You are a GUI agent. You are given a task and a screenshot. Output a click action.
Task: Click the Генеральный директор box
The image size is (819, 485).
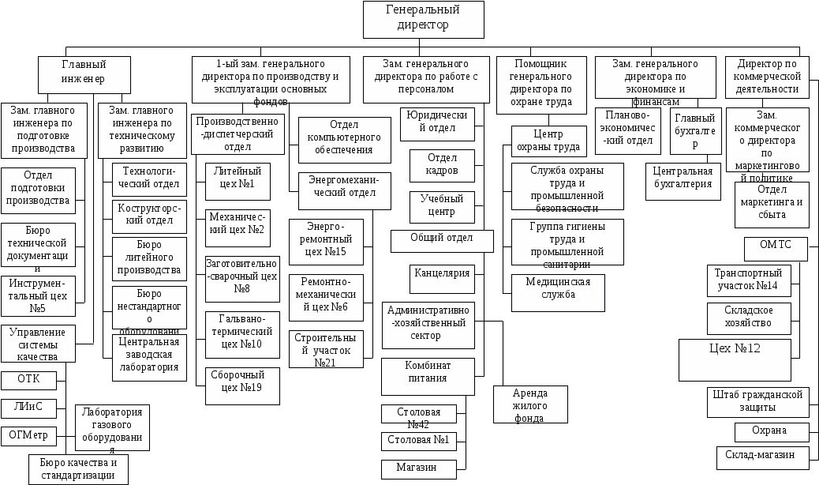click(424, 19)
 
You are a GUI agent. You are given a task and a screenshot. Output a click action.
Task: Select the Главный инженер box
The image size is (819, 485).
click(84, 73)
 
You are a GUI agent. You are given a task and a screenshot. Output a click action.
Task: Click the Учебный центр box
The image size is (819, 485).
click(442, 205)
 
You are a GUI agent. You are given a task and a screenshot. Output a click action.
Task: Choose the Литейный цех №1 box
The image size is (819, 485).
click(237, 181)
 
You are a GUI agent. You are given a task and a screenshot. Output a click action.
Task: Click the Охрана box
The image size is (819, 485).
click(772, 432)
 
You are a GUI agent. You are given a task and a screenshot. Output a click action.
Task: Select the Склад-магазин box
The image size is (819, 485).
click(764, 456)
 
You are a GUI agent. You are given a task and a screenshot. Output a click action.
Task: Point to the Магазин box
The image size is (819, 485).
click(421, 468)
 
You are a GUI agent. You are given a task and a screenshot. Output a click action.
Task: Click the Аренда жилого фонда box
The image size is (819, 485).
click(530, 404)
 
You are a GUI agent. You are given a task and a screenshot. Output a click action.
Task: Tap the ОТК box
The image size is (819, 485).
click(28, 380)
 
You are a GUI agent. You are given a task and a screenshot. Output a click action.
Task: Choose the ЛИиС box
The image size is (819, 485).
click(28, 408)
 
